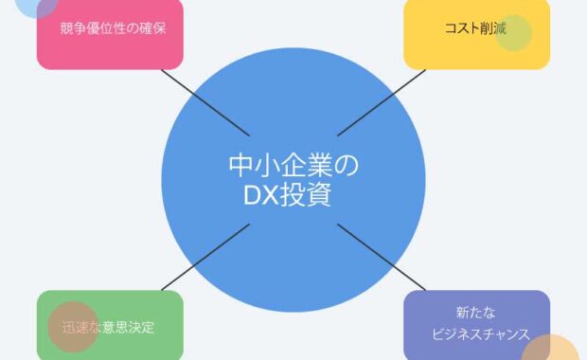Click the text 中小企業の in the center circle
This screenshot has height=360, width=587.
tap(293, 166)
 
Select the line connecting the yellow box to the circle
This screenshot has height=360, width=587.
tap(371, 103)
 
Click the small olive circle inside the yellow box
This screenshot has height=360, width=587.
tap(514, 33)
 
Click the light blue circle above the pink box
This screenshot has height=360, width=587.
tap(36, 5)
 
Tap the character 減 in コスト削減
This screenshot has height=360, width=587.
tap(499, 27)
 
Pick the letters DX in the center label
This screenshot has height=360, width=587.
tap(260, 196)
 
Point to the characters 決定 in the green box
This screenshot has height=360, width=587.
tap(140, 328)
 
